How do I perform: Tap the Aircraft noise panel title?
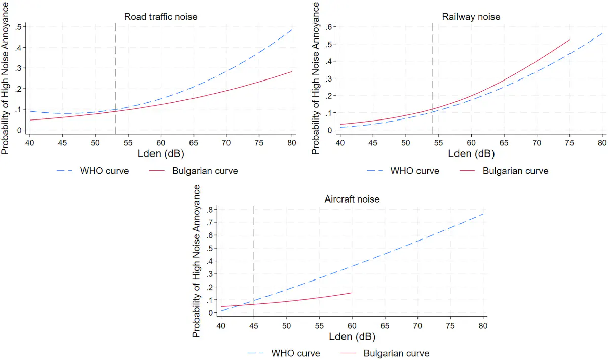(x=352, y=199)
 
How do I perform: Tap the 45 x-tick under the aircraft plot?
(x=254, y=326)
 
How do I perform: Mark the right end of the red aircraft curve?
(x=352, y=293)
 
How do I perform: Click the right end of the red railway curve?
(x=569, y=40)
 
